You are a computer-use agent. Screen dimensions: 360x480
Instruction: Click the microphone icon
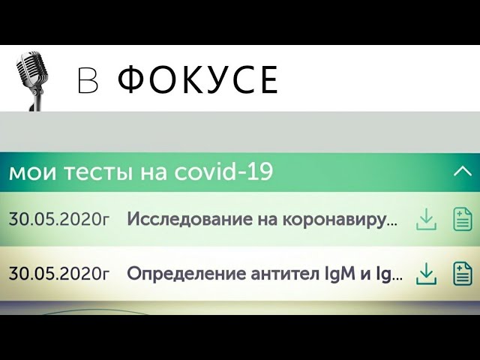[31, 75]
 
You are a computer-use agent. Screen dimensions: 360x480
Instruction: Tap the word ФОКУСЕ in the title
[198, 80]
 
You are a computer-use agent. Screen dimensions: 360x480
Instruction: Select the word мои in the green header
[28, 173]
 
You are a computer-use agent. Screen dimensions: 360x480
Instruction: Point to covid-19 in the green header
[223, 172]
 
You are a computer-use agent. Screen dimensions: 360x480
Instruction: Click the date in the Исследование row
[58, 220]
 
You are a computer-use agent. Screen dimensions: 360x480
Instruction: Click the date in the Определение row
[58, 274]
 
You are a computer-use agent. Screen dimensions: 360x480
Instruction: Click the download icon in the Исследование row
[426, 220]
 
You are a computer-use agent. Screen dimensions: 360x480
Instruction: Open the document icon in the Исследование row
[462, 220]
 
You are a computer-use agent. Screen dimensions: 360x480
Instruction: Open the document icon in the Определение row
[462, 274]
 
